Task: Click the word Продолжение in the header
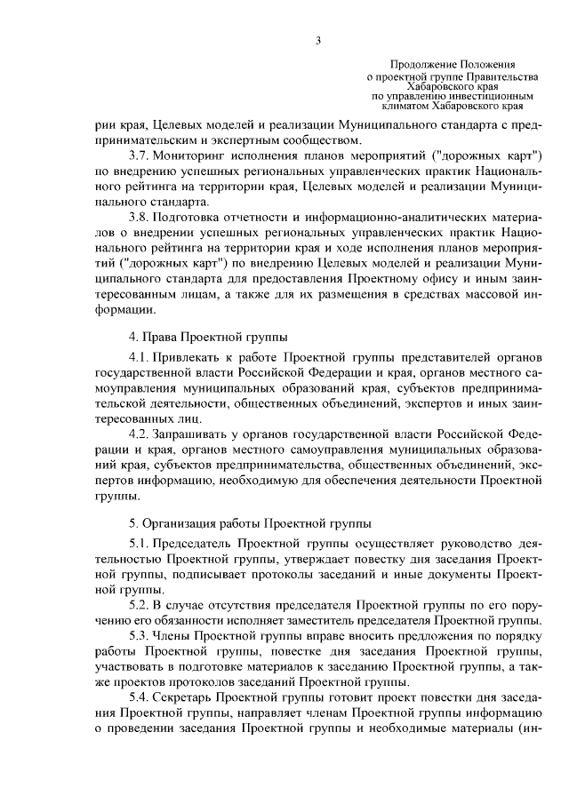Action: pyautogui.click(x=425, y=66)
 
